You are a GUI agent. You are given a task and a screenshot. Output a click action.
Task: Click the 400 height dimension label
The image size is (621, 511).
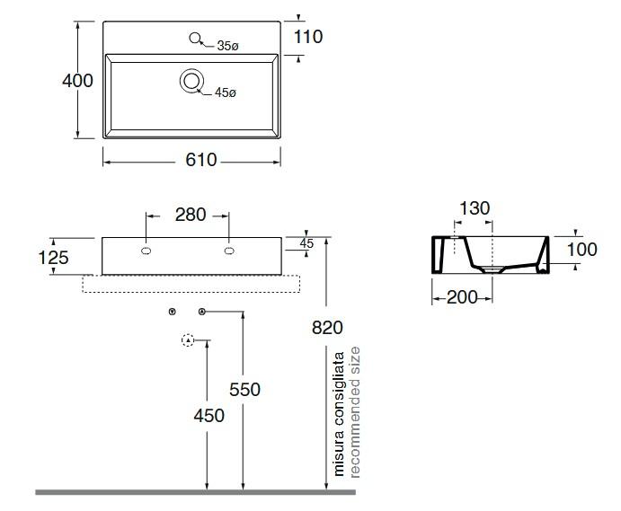coord(77,81)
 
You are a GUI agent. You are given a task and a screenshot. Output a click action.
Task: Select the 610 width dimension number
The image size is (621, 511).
coord(200,160)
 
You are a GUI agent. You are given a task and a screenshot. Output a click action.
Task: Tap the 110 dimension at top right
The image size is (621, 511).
coord(307,37)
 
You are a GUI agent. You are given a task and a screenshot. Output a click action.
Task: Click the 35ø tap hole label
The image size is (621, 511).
coord(227,46)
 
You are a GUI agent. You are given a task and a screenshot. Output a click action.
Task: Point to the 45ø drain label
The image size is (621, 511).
coord(225,93)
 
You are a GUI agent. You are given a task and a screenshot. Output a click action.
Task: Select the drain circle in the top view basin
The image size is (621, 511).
coord(191,81)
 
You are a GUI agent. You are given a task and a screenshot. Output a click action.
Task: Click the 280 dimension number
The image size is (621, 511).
coord(190,215)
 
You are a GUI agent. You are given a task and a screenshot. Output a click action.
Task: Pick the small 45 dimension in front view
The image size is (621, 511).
coord(306,243)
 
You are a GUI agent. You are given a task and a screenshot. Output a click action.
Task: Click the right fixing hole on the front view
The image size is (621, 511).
coord(229,251)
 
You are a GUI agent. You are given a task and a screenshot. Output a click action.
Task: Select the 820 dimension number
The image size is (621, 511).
coord(327,328)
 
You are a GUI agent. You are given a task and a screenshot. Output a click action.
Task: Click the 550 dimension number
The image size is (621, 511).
coord(244,389)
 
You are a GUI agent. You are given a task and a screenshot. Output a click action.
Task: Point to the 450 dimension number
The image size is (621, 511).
coord(208,416)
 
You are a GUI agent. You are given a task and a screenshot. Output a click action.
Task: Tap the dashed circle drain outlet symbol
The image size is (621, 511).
coord(188,340)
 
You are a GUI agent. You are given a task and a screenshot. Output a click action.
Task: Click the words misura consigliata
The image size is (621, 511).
coord(340,413)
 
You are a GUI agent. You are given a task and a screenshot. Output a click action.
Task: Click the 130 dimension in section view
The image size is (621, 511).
coord(474,208)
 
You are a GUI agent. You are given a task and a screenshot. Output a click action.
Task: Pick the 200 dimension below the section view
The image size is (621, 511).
coord(462,297)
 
